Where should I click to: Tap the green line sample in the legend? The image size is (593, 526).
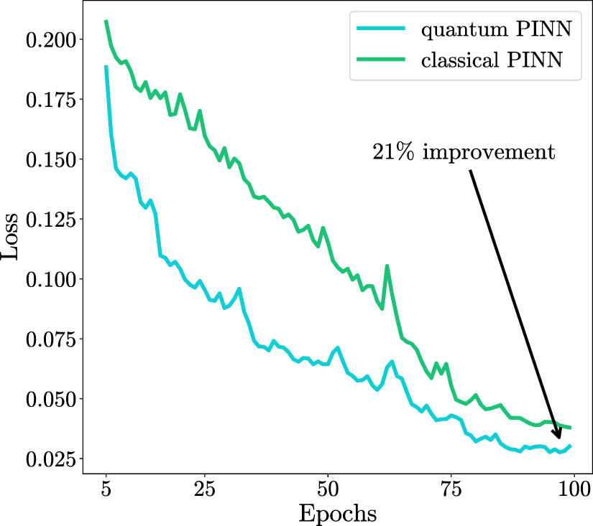coord(380,61)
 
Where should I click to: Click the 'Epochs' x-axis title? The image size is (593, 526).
coord(337,514)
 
